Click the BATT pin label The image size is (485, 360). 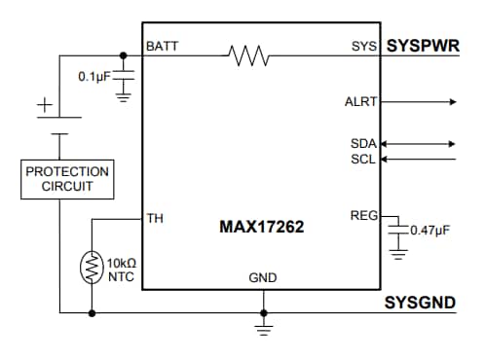pyautogui.click(x=162, y=47)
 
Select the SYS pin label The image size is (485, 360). pyautogui.click(x=363, y=47)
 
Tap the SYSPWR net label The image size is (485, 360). pyautogui.click(x=421, y=46)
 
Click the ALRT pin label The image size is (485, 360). pyautogui.click(x=360, y=101)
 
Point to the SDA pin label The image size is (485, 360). pyautogui.click(x=362, y=144)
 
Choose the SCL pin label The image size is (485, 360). pyautogui.click(x=362, y=159)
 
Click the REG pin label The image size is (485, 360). pyautogui.click(x=362, y=215)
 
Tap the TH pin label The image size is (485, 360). pyautogui.click(x=155, y=218)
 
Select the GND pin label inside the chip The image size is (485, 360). pyautogui.click(x=263, y=278)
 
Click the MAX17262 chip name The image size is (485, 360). pyautogui.click(x=262, y=228)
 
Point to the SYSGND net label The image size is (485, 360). pyautogui.click(x=420, y=303)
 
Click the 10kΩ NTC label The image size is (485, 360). pyautogui.click(x=121, y=269)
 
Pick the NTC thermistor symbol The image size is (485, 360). pyautogui.click(x=92, y=269)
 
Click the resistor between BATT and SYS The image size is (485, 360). pyautogui.click(x=248, y=56)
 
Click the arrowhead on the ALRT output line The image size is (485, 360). pyautogui.click(x=451, y=101)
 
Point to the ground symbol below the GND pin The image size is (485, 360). pyautogui.click(x=262, y=328)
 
